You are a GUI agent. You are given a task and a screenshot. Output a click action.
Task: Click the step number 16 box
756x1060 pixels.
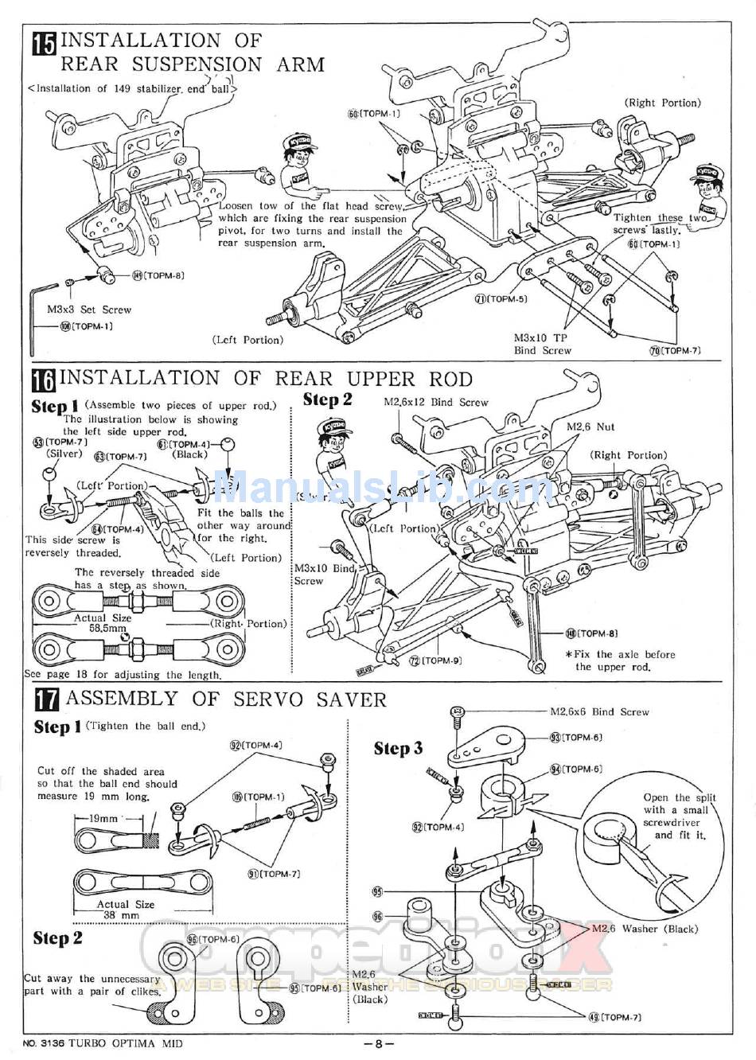[x=44, y=380]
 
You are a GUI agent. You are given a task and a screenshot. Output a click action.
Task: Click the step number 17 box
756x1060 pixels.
[x=46, y=700]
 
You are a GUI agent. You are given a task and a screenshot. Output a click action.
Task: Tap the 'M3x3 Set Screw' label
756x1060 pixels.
[x=88, y=310]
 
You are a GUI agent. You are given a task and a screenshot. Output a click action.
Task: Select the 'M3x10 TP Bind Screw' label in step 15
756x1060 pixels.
[x=542, y=344]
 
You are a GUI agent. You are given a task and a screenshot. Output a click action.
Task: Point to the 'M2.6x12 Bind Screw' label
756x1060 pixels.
[x=435, y=403]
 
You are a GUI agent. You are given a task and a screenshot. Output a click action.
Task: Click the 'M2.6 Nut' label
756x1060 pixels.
[x=590, y=427]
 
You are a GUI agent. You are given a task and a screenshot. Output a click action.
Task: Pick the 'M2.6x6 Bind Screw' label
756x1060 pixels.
[x=599, y=712]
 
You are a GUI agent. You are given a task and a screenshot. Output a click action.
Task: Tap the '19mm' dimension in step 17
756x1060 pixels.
[x=103, y=818]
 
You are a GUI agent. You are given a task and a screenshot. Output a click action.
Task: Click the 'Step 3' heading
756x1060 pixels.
[x=398, y=748]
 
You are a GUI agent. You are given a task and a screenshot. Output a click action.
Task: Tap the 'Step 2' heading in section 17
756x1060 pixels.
[x=57, y=938]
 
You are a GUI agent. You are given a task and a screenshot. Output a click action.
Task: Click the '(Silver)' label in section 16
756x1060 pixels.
[x=64, y=454]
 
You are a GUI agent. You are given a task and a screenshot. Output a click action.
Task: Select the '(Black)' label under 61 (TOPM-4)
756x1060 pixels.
[x=189, y=454]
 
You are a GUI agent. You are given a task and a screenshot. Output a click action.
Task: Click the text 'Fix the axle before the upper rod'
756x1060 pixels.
[x=620, y=661]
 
